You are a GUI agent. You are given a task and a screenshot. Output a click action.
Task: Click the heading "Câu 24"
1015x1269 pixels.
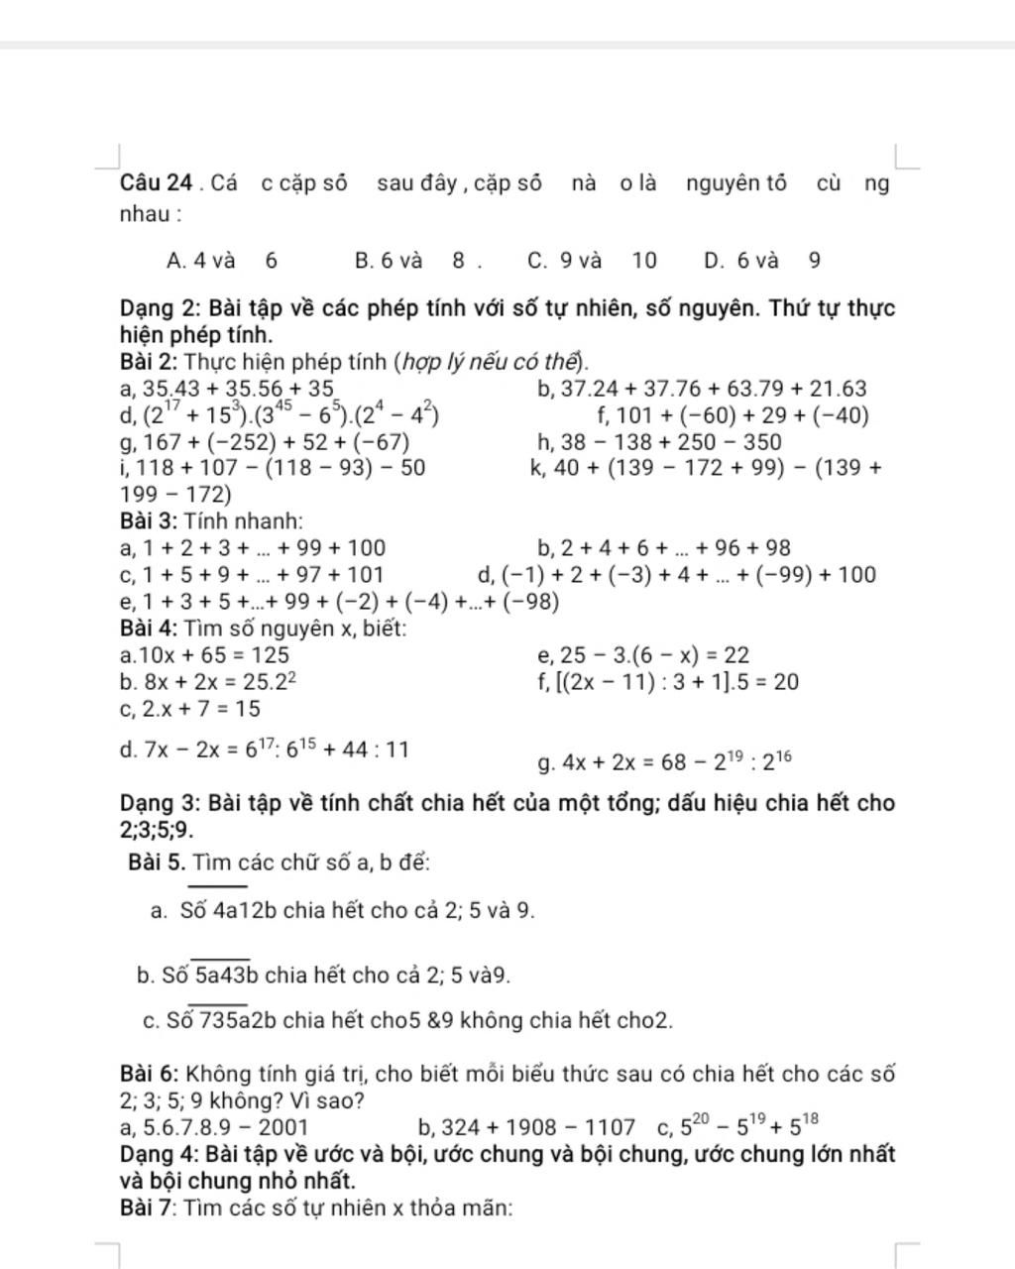pos(156,183)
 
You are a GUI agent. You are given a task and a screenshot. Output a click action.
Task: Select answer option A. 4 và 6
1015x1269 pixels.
pos(222,261)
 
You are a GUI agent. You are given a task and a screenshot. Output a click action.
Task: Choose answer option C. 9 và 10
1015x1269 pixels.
pos(592,261)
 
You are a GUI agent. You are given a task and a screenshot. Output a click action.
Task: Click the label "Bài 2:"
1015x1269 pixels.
pos(149,362)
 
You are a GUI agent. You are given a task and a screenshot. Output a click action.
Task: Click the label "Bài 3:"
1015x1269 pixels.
pos(149,520)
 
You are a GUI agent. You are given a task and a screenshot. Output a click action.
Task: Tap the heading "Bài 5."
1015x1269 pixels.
pos(157,863)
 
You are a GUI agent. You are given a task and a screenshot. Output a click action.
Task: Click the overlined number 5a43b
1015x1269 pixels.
pos(225,976)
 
